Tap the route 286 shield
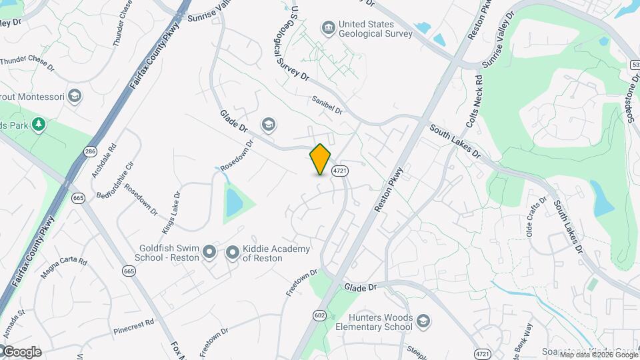pyautogui.click(x=91, y=152)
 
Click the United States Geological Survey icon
pyautogui.click(x=328, y=28)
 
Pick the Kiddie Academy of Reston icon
pyautogui.click(x=233, y=252)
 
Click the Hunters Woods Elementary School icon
pyautogui.click(x=423, y=323)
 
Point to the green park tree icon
pyautogui.click(x=39, y=124)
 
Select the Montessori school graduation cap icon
pyautogui.click(x=75, y=97)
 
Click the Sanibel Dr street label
pyautogui.click(x=327, y=105)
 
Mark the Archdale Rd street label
pyautogui.click(x=104, y=161)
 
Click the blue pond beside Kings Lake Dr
pyautogui.click(x=233, y=202)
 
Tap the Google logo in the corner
pyautogui.click(x=21, y=352)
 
